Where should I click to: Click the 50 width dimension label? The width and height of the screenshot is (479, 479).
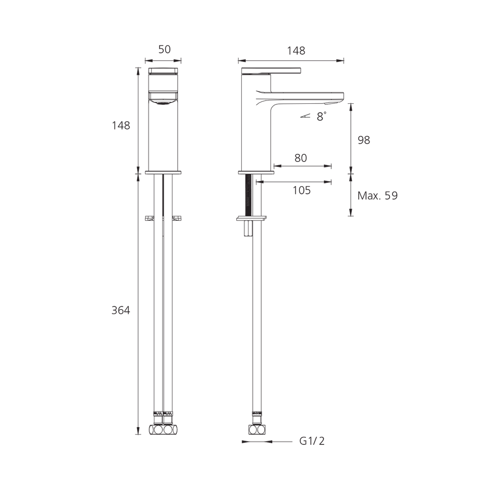(x=164, y=50)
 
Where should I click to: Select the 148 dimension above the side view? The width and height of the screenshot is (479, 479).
(x=296, y=51)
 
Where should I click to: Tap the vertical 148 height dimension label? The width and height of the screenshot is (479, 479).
(x=121, y=125)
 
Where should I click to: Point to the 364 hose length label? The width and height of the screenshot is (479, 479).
(x=121, y=311)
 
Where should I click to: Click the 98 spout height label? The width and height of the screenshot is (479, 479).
(x=364, y=140)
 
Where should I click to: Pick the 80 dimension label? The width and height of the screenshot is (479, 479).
(x=301, y=158)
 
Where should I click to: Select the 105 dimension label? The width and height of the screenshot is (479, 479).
(x=302, y=190)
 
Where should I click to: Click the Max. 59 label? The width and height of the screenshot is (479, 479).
(x=377, y=196)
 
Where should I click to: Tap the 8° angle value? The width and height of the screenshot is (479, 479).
(x=321, y=116)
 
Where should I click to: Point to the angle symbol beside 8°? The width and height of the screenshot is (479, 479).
(x=305, y=116)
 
